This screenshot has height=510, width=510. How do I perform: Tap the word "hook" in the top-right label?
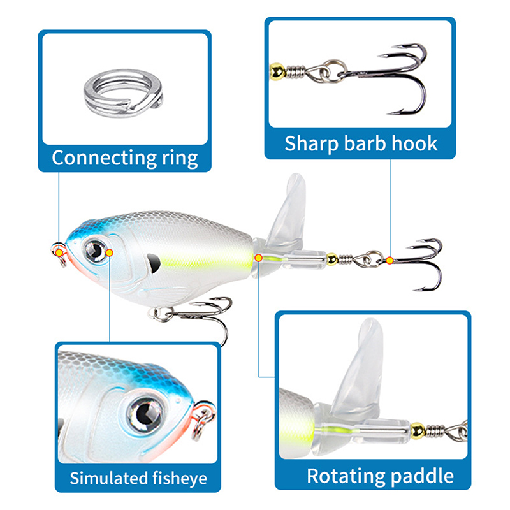pyautogui.click(x=414, y=143)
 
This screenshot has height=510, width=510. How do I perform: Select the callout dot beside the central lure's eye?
pyautogui.click(x=110, y=252)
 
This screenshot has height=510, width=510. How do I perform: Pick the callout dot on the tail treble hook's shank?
pyautogui.click(x=389, y=259)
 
